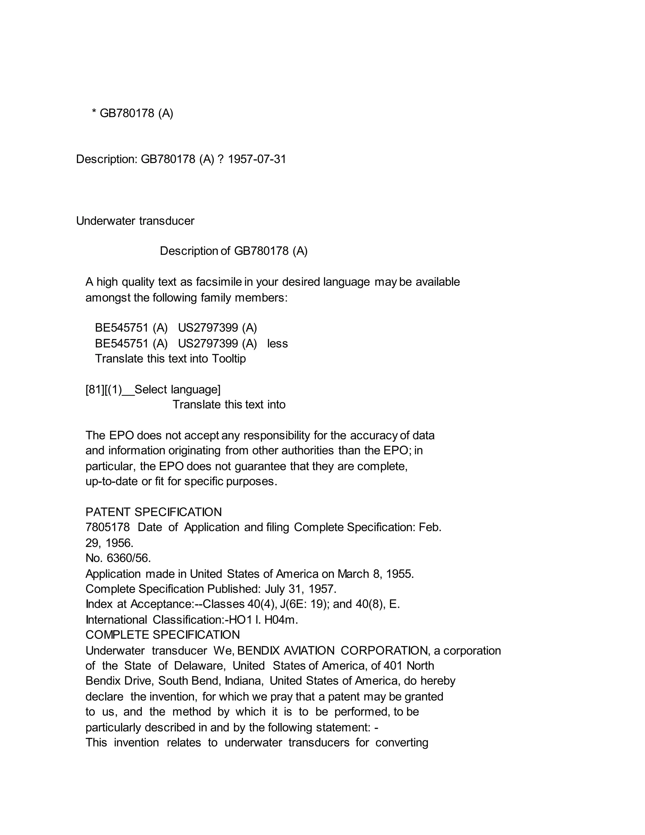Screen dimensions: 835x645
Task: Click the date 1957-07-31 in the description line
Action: tap(257, 159)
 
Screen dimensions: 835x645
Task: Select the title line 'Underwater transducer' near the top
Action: tap(135, 221)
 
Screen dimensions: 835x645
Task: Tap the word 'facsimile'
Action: tap(219, 282)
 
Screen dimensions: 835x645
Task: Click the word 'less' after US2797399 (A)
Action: tap(277, 344)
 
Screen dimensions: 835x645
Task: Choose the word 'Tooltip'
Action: tap(229, 359)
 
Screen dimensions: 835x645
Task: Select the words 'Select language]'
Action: tap(178, 389)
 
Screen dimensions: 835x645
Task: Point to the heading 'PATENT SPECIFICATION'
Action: tap(154, 512)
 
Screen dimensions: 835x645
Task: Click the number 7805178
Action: tap(108, 527)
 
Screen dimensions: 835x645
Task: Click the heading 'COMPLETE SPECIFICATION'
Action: tap(163, 635)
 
